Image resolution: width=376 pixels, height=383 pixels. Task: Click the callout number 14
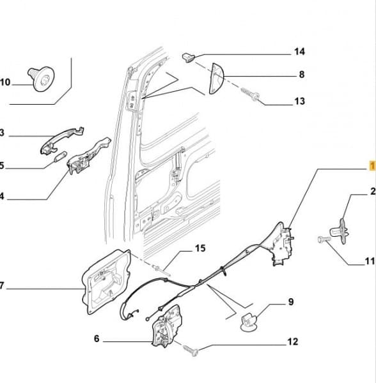(299, 52)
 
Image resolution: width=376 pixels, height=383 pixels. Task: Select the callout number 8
(302, 74)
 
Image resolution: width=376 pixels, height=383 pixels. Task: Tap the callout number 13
(300, 101)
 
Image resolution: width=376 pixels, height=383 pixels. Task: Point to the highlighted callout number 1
(372, 166)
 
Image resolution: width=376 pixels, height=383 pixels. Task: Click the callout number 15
(200, 248)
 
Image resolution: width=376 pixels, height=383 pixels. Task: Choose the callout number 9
(291, 302)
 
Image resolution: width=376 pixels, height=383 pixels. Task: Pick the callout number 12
(293, 342)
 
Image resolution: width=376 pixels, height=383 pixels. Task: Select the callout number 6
(97, 338)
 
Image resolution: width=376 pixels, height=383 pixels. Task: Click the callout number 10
(5, 82)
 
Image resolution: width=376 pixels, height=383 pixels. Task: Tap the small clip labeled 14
(189, 57)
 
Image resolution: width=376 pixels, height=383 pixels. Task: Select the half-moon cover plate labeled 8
(216, 79)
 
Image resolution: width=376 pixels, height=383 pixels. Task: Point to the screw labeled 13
(250, 94)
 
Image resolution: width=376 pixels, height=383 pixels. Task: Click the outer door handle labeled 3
(62, 140)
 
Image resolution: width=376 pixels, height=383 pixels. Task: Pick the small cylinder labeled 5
(60, 156)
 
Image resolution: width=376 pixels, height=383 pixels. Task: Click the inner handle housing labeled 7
(106, 282)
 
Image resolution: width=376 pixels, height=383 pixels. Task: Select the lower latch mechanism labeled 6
(167, 326)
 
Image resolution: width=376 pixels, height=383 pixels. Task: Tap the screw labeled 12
(191, 350)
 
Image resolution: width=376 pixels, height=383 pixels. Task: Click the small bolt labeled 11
(324, 239)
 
